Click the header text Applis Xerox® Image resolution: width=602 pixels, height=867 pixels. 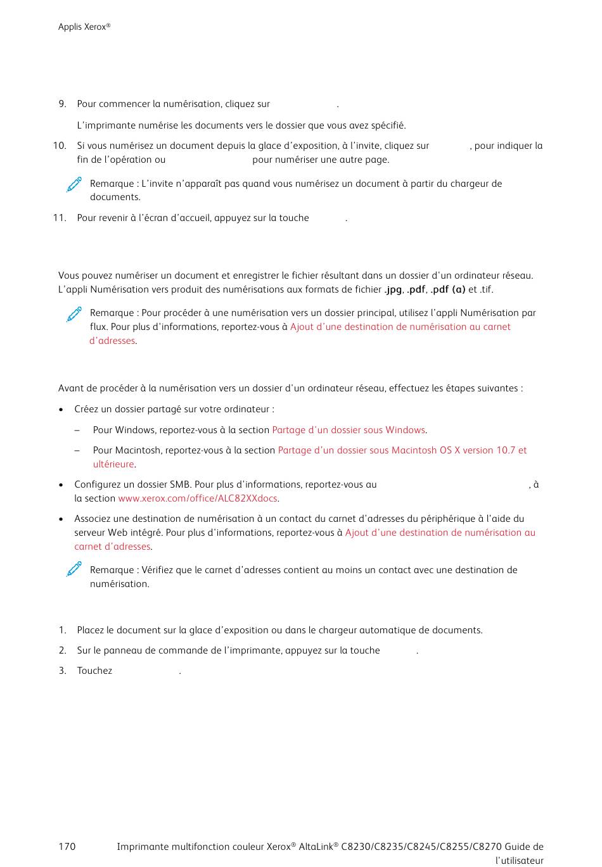(84, 27)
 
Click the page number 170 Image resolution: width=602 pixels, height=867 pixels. (67, 847)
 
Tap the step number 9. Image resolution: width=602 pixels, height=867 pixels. (62, 104)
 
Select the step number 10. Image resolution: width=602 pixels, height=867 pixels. (60, 146)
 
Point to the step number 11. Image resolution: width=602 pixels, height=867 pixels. (60, 218)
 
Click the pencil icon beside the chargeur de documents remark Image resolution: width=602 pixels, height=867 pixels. (74, 184)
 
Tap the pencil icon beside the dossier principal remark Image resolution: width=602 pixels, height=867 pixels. (74, 313)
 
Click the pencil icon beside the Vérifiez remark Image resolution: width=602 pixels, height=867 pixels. (74, 569)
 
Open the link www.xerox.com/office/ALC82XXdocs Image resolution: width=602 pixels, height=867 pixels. (198, 498)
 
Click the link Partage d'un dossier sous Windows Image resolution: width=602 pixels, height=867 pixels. (349, 430)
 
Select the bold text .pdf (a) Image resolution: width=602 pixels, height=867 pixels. (447, 289)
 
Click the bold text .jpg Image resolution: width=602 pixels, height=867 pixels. (393, 289)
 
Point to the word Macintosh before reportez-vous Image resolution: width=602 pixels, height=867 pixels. (136, 450)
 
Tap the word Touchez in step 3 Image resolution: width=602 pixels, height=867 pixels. (94, 671)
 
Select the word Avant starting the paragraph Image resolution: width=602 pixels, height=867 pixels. (71, 388)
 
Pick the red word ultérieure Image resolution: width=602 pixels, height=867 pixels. (113, 464)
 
